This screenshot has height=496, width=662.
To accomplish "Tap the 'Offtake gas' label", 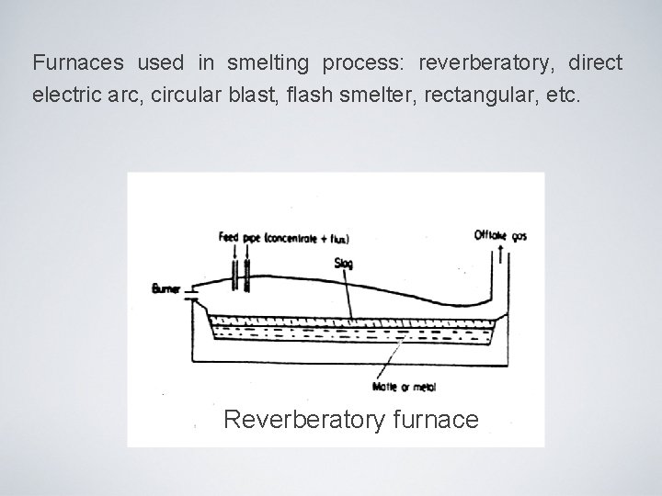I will (500, 236).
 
